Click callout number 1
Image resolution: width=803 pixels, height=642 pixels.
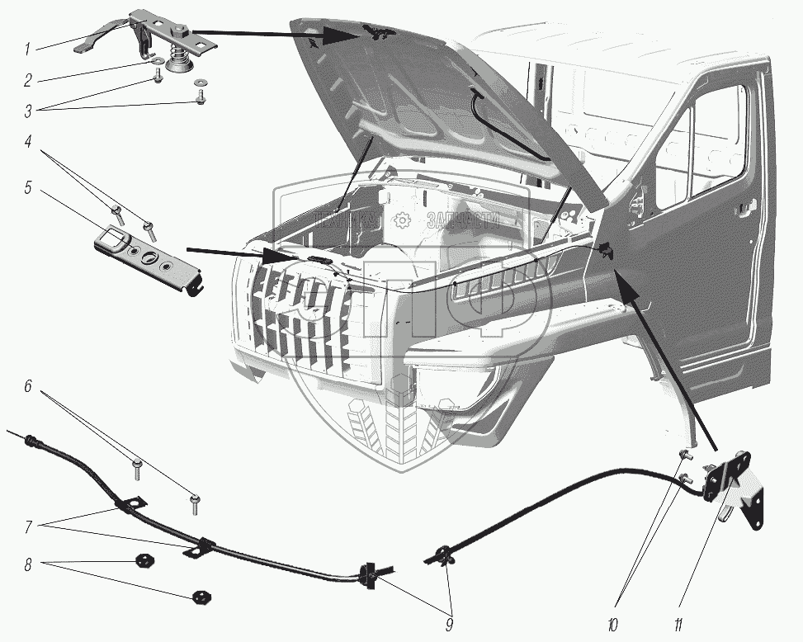coord(26,50)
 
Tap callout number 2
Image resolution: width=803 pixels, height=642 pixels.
coord(26,82)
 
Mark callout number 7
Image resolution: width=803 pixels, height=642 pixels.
coord(26,526)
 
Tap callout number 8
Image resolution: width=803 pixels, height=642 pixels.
coord(26,566)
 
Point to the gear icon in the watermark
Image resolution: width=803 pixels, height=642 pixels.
coord(403,220)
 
